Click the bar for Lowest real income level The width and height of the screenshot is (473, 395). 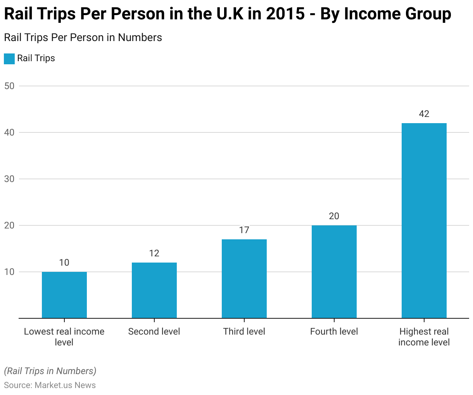point(64,295)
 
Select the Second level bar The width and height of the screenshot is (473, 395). point(154,290)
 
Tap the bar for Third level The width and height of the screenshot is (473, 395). point(244,279)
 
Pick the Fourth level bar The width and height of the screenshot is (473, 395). point(334,272)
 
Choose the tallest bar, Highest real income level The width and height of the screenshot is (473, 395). point(424,221)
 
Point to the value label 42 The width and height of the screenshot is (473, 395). point(424,114)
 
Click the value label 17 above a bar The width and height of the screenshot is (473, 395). point(244,230)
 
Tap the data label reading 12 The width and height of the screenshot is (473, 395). point(154,253)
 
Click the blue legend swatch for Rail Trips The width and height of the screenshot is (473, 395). point(9,58)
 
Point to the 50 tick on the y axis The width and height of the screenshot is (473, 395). point(9,86)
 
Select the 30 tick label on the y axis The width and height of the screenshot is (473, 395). point(9,179)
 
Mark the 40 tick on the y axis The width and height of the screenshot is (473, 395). point(9,132)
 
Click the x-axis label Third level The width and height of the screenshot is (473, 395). point(244,331)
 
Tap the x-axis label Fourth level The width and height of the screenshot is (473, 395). point(334,331)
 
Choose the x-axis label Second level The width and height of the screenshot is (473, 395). point(154,331)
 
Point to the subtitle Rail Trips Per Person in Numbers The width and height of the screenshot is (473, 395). point(83,38)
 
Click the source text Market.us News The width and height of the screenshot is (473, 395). point(65,385)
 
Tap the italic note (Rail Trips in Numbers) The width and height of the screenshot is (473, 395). point(50,371)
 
